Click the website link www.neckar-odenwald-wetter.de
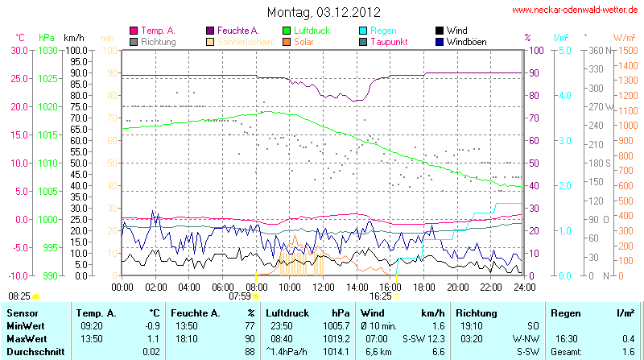point(576,10)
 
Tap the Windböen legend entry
point(465,41)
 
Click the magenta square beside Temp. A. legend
point(134,30)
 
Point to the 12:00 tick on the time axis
point(324,286)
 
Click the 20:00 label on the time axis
point(457,286)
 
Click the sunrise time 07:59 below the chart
point(240,296)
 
